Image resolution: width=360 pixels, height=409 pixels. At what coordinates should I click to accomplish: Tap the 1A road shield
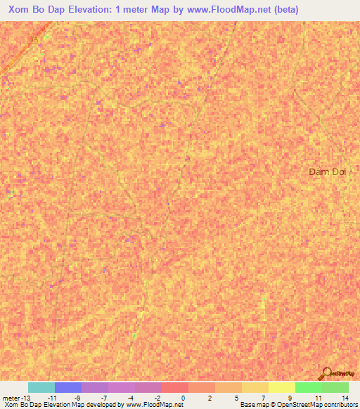(34, 39)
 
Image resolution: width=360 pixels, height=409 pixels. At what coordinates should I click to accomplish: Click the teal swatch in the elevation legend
(41, 387)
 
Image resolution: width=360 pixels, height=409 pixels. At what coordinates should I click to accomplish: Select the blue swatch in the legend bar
(68, 387)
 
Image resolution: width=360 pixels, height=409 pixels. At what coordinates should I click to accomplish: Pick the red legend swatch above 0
(175, 387)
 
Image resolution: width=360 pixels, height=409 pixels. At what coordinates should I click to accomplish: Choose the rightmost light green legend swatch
(335, 387)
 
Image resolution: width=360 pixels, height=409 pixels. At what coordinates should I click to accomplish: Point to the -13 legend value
(25, 398)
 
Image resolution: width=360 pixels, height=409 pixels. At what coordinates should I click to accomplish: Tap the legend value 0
(183, 398)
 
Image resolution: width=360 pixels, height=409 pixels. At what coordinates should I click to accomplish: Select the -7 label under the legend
(103, 398)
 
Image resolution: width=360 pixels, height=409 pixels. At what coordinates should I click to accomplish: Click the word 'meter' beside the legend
(11, 398)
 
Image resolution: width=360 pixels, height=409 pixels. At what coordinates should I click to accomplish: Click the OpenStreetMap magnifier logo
(326, 372)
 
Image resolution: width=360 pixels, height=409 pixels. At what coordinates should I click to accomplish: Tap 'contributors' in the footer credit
(339, 405)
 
